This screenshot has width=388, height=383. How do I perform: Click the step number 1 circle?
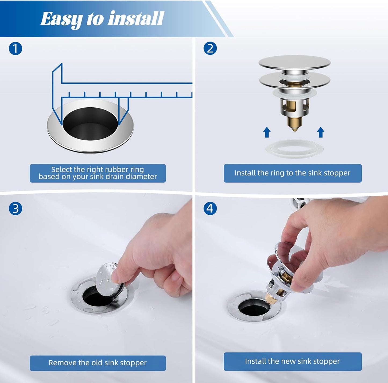(15, 49)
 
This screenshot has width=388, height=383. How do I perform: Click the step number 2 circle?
(210, 49)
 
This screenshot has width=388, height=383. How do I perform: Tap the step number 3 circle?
(15, 209)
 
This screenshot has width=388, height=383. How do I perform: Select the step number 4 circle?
(210, 209)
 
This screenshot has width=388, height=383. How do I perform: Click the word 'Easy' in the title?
(61, 19)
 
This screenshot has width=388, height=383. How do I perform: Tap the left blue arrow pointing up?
(267, 132)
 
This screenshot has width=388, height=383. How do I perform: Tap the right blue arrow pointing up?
(321, 132)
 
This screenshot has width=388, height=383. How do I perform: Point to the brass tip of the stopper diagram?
(295, 125)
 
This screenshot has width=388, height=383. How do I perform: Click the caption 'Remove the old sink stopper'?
(97, 363)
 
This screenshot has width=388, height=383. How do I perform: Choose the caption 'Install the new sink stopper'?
(292, 361)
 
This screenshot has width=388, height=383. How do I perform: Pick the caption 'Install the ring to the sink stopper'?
(292, 173)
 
